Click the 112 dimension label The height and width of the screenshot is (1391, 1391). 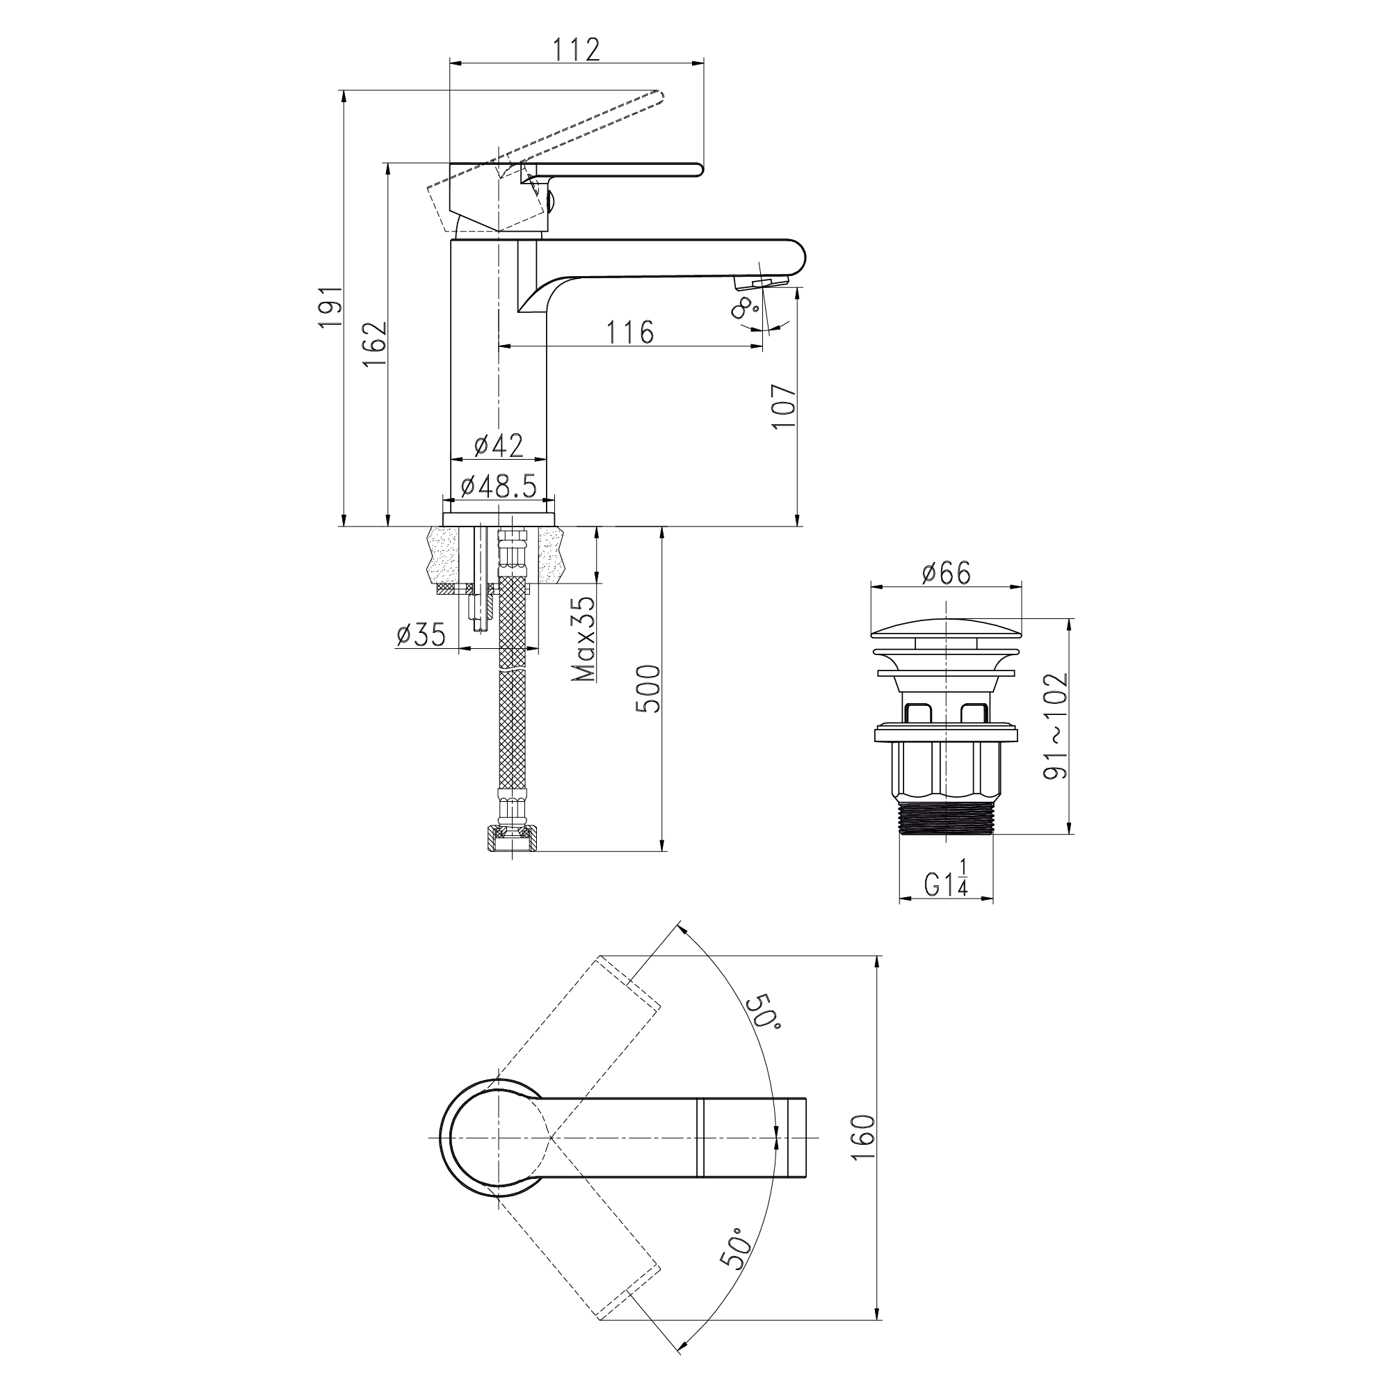click(576, 49)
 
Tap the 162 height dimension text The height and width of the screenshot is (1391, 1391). click(375, 345)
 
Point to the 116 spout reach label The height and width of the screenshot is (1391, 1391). click(630, 332)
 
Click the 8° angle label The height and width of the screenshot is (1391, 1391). click(744, 308)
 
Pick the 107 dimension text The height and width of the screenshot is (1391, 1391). click(784, 407)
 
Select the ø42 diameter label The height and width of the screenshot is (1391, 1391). click(499, 445)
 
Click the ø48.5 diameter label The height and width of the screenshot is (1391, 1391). click(499, 487)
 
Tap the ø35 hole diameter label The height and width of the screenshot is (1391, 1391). click(421, 634)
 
